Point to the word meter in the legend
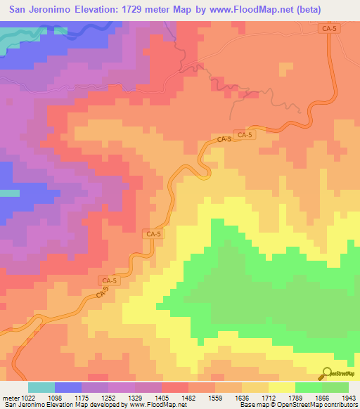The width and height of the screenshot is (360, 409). [x=9, y=397]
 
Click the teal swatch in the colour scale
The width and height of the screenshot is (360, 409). [x=41, y=387]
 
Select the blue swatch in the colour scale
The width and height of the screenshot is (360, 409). [x=68, y=387]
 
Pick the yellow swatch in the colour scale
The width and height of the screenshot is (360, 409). [x=282, y=387]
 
